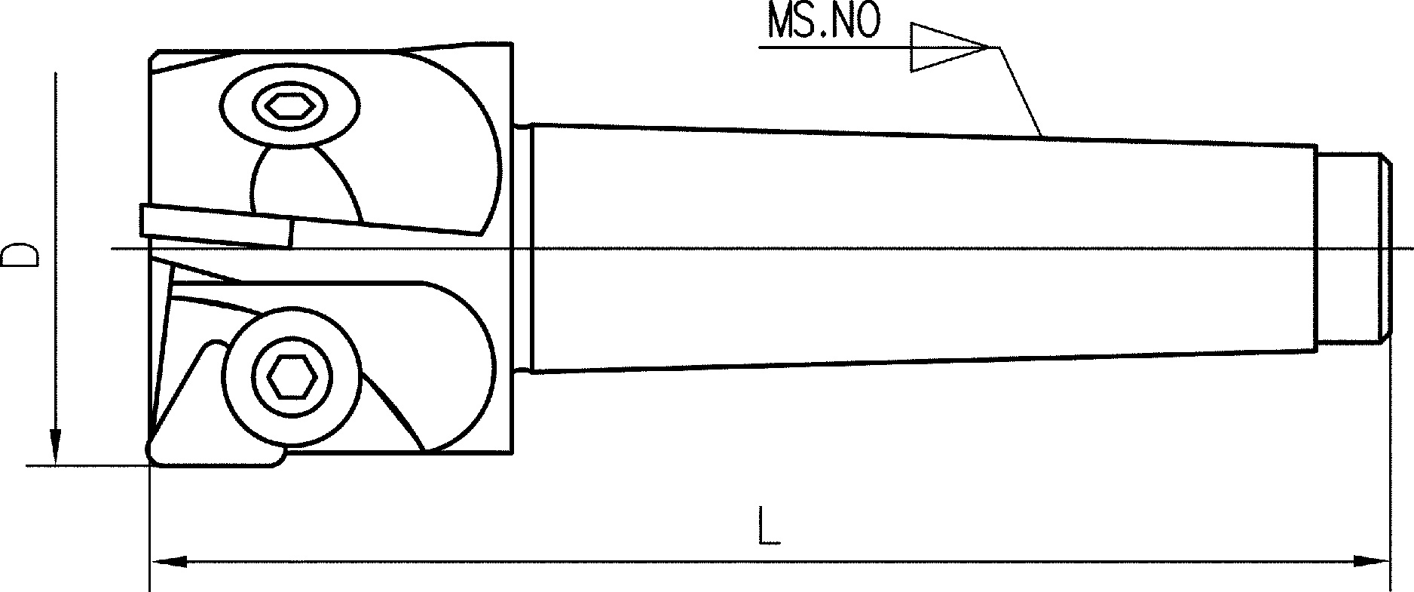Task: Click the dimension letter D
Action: click(20, 255)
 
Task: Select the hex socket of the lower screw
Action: click(292, 376)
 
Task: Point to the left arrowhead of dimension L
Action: click(169, 561)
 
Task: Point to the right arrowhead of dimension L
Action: click(1370, 561)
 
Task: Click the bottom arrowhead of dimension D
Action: click(55, 447)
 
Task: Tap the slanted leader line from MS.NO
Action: click(1021, 92)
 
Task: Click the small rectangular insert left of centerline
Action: click(216, 225)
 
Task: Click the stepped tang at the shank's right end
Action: click(1353, 249)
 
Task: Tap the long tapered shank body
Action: click(923, 248)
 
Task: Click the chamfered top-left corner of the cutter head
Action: click(154, 57)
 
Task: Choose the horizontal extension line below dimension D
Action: click(87, 466)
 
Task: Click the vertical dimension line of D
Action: click(55, 268)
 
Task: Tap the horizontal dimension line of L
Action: click(770, 561)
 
